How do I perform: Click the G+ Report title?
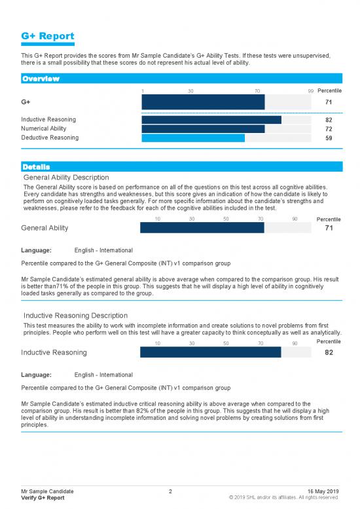[x=47, y=36]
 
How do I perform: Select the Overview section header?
[x=41, y=79]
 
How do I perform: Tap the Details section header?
[x=36, y=166]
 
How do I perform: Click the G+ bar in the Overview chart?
[x=203, y=102]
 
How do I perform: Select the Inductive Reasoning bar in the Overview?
[x=211, y=120]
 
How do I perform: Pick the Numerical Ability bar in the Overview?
[x=203, y=129]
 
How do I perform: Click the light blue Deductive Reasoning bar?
[x=193, y=138]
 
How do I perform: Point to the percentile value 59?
[x=329, y=138]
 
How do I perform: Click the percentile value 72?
[x=329, y=129]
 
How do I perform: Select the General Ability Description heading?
[x=65, y=177]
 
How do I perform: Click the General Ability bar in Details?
[x=202, y=227]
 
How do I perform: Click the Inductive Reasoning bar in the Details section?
[x=211, y=352]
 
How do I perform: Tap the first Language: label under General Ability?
[x=37, y=250]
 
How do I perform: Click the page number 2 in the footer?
[x=170, y=491]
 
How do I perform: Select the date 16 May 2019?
[x=323, y=491]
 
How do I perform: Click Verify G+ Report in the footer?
[x=43, y=498]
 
